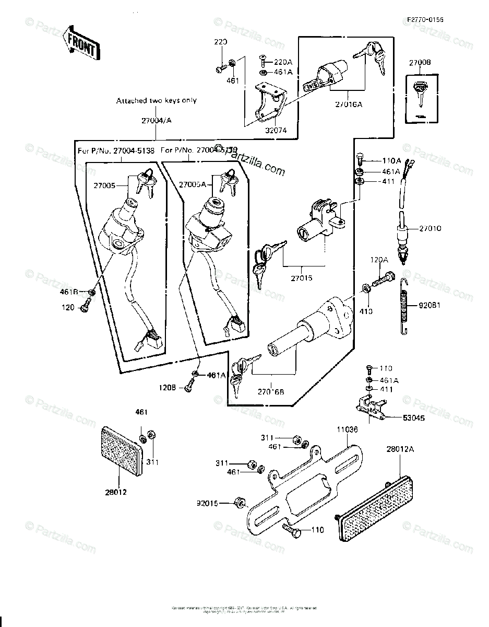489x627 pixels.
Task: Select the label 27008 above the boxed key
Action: pos(420,62)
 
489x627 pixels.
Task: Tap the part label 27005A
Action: pos(194,184)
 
